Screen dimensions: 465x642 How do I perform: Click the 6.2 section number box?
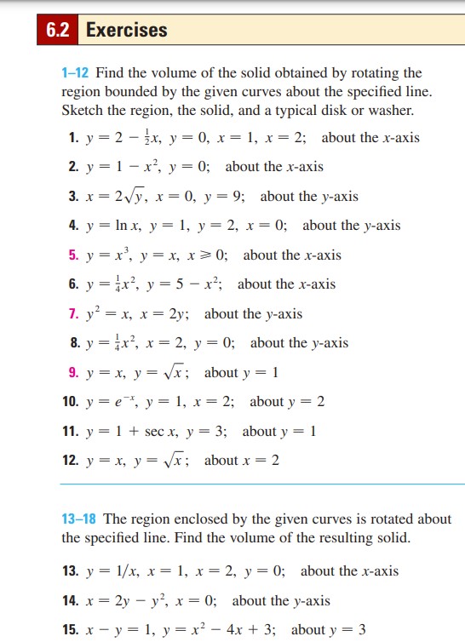click(x=58, y=31)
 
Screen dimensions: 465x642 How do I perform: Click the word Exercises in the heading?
click(x=127, y=31)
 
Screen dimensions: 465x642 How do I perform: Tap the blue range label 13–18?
click(x=81, y=519)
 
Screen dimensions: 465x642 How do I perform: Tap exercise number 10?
click(x=72, y=401)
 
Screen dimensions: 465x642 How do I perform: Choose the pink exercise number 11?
click(x=72, y=431)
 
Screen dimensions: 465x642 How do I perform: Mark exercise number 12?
click(x=72, y=460)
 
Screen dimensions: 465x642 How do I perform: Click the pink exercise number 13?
click(x=72, y=570)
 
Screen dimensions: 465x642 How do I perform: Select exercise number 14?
click(x=72, y=600)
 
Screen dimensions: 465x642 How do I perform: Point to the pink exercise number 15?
click(x=72, y=630)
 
